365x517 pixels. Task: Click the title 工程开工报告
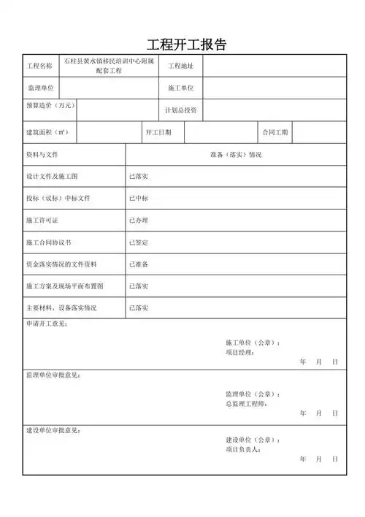click(187, 44)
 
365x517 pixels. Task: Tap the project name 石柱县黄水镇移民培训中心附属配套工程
click(109, 66)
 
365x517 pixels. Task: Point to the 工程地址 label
click(180, 66)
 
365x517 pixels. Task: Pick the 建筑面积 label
click(46, 133)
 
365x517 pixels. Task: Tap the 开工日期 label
click(158, 133)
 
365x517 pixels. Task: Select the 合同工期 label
click(275, 133)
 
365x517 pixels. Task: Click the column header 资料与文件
click(42, 156)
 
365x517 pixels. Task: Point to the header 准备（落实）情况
click(236, 156)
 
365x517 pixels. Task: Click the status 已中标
click(139, 199)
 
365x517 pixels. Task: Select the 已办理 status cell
click(139, 221)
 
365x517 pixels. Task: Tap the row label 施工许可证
click(42, 221)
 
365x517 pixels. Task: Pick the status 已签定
click(139, 242)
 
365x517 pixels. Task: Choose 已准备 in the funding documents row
click(139, 264)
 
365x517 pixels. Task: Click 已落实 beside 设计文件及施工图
click(139, 177)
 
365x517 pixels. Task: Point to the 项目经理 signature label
click(240, 352)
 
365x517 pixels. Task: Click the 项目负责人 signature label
click(243, 450)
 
